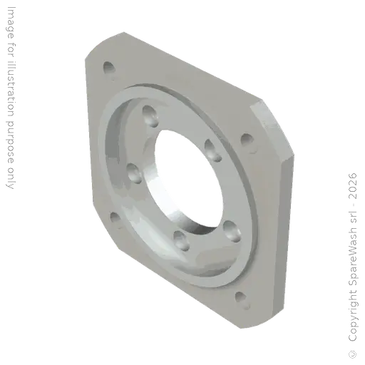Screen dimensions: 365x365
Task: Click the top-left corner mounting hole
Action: [108, 68]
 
